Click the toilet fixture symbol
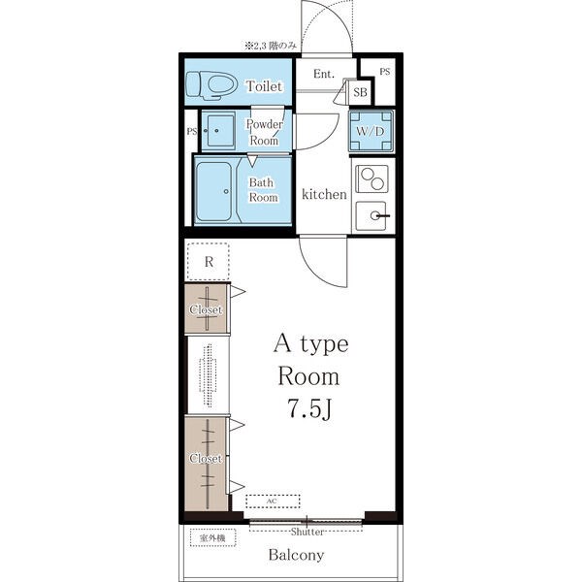pos(211,85)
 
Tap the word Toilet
pos(264,86)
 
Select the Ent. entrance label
pos(324,74)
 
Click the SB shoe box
pos(360,92)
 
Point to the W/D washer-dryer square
pos(371,131)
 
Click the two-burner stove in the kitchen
pos(372,178)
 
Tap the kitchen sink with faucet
pos(372,215)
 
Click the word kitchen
pos(324,194)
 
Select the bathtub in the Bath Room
pos(213,191)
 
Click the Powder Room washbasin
pos(220,131)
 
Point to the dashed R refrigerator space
pos(209,262)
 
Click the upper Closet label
pos(206,309)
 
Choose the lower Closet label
pos(206,459)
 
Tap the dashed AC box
pos(273,501)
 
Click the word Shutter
pos(307,532)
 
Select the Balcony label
pos(296,555)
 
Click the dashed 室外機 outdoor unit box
pos(213,537)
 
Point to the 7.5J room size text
pos(309,409)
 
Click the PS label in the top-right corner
pos(385,71)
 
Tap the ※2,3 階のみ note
pos(271,46)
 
